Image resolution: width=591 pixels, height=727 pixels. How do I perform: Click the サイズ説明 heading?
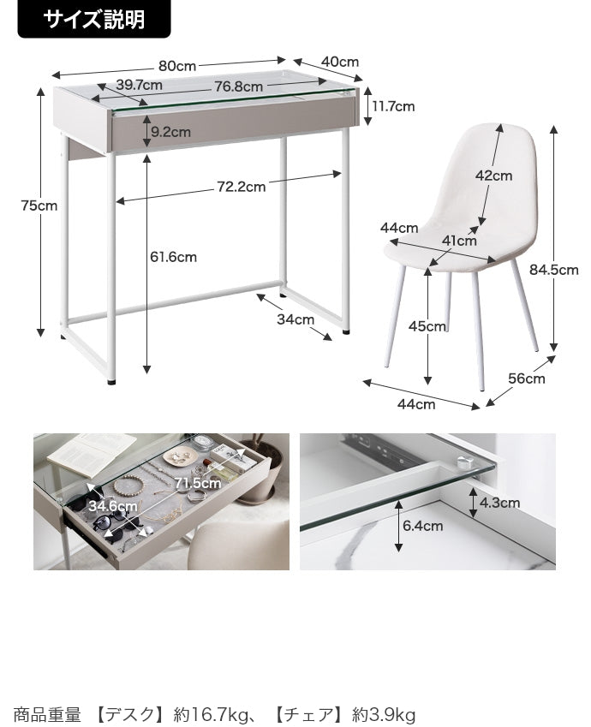[93, 20]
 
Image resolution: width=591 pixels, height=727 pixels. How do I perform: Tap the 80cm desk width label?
[177, 66]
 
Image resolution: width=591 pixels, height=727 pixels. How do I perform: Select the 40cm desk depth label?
[340, 62]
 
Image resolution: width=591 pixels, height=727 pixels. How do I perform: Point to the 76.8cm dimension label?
[238, 86]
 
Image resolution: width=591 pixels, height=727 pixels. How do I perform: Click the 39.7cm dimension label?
[139, 85]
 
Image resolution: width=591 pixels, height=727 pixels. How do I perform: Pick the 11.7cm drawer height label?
[393, 107]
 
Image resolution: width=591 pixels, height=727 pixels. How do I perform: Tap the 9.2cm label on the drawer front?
[170, 132]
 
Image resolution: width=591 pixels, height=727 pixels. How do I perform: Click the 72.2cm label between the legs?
[242, 187]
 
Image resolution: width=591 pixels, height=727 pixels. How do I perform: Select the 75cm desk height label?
[39, 205]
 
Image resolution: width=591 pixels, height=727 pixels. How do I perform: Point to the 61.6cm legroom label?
[174, 257]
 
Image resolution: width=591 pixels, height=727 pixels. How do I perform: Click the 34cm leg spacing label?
[295, 319]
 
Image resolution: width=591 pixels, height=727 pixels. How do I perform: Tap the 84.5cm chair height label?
[554, 270]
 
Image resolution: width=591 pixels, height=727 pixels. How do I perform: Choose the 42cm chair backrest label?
[493, 176]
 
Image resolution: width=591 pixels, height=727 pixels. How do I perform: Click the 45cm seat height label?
[427, 326]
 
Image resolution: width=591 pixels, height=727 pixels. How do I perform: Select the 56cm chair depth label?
[527, 378]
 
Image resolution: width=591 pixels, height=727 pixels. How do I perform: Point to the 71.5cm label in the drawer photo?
[198, 483]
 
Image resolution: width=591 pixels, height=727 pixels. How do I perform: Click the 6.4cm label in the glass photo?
[422, 526]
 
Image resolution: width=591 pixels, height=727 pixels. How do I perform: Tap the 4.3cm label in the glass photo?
[499, 503]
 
